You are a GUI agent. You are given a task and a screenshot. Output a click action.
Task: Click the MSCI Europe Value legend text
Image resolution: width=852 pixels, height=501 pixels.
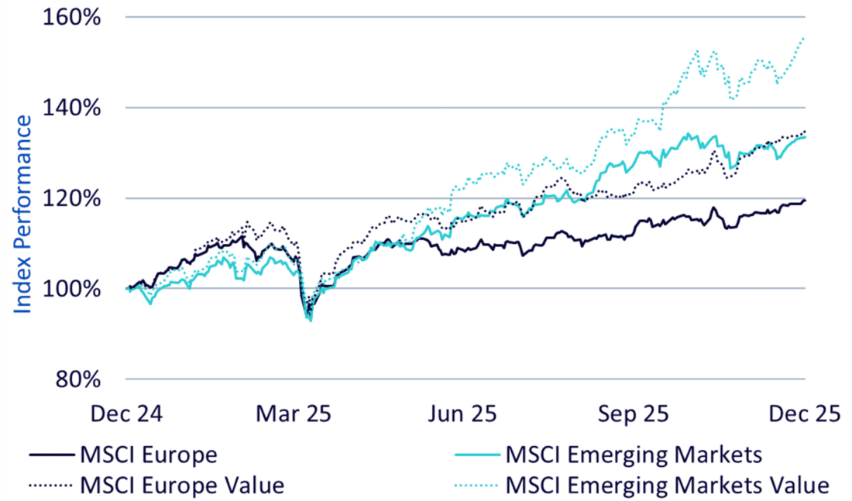tap(181, 486)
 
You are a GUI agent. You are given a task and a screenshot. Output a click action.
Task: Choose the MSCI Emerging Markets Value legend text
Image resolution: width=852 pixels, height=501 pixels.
tap(668, 486)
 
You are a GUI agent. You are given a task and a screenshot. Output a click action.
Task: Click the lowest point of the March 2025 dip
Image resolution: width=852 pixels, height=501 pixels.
tap(310, 320)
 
